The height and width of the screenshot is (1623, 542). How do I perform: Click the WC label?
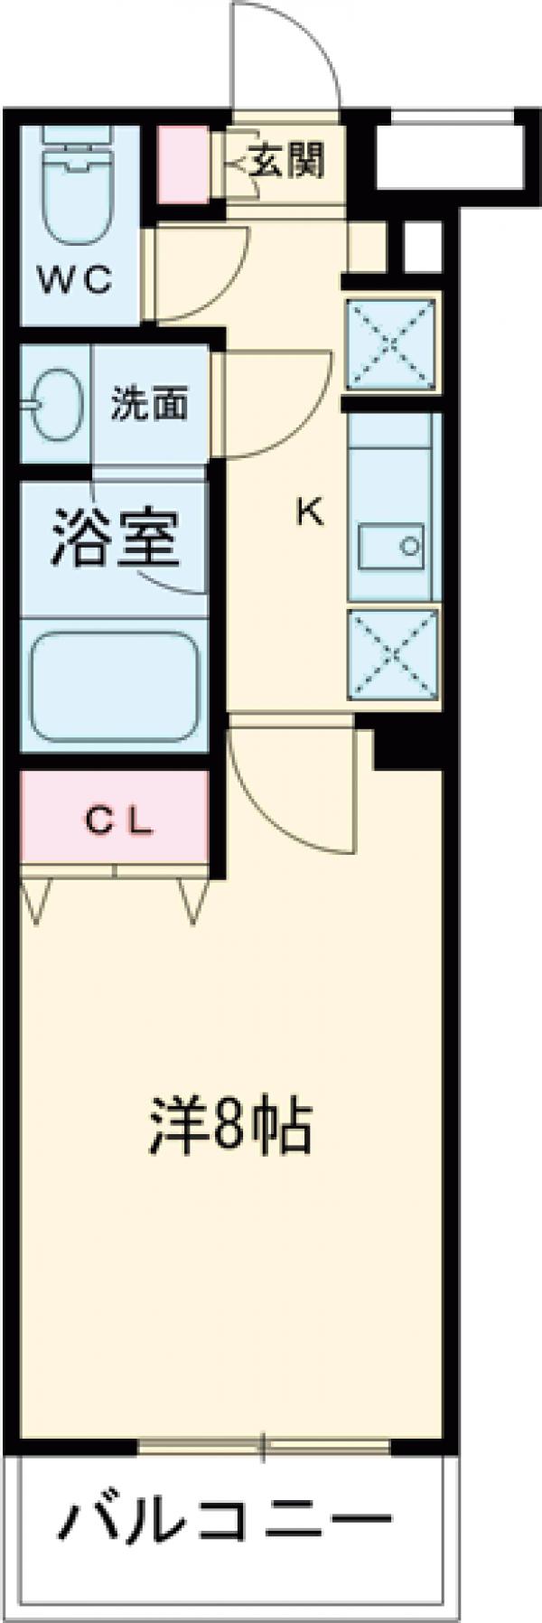click(79, 281)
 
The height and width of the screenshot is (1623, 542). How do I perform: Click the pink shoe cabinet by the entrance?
click(184, 164)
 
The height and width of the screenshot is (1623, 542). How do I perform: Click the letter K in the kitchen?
click(310, 512)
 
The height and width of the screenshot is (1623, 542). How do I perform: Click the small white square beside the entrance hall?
click(417, 245)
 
